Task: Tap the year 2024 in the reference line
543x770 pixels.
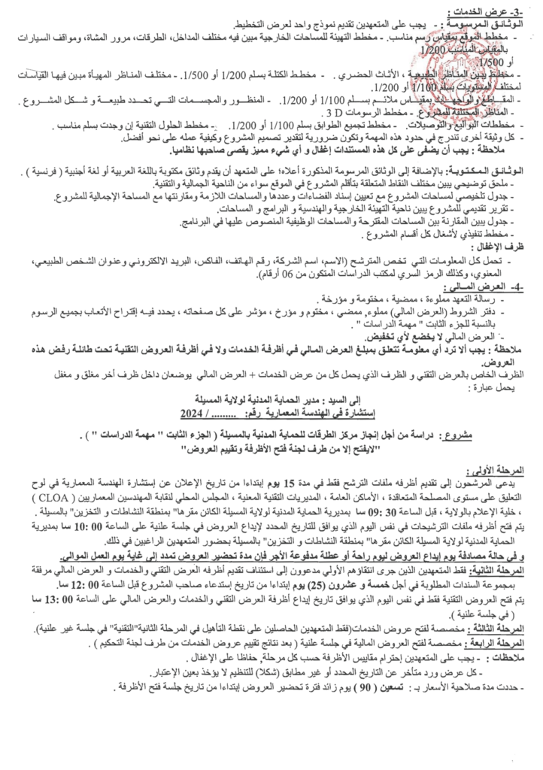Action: (x=194, y=413)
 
